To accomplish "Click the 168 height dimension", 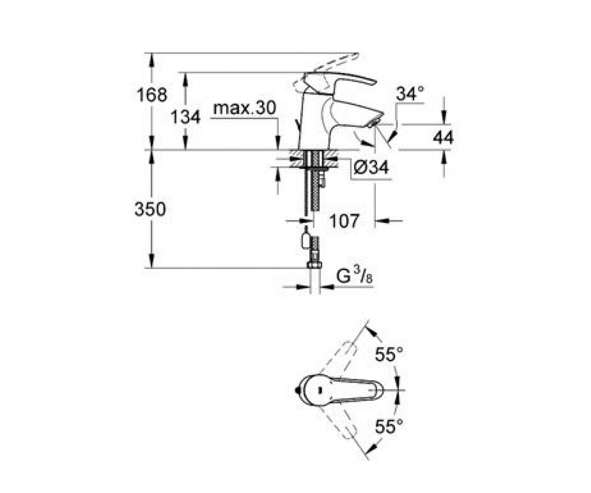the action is [152, 95].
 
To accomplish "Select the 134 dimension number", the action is [185, 117].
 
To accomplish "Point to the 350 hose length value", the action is [150, 210].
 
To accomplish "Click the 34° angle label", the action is [410, 94].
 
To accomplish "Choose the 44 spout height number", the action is [443, 138].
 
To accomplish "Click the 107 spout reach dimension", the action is [344, 220].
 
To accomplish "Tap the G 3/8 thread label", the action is [354, 276].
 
